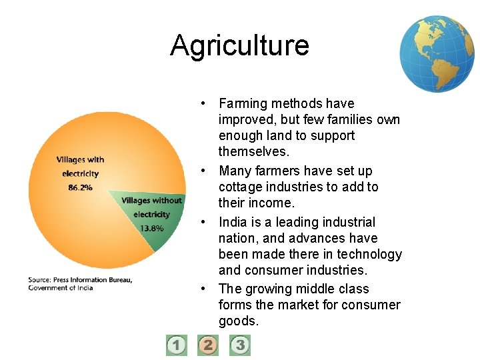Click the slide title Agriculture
[239, 45]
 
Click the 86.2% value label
[80, 187]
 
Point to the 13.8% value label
[151, 228]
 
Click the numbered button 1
[177, 345]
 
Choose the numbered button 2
[208, 345]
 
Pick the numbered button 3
[240, 345]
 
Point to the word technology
[369, 254]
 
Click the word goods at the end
[237, 321]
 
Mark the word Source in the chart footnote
[40, 280]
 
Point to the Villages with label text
[80, 159]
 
